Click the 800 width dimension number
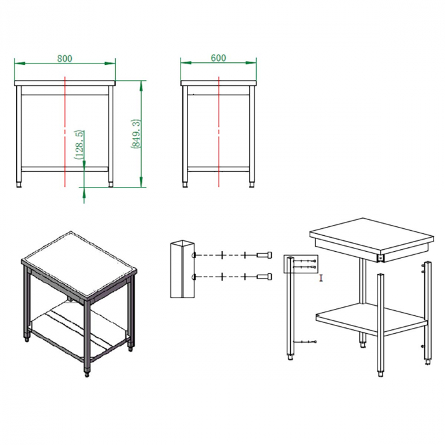(x=65, y=58)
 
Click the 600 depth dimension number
(x=218, y=58)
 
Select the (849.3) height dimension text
(x=136, y=133)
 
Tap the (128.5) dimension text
(x=79, y=144)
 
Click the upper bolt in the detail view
(x=264, y=254)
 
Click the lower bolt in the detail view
(x=264, y=277)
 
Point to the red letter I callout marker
(x=321, y=278)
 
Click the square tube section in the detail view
(x=182, y=269)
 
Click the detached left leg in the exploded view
(x=290, y=308)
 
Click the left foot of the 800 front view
(x=19, y=184)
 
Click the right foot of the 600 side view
(x=252, y=184)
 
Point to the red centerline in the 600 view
(x=219, y=132)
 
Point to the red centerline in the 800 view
(x=65, y=132)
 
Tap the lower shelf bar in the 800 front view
(x=65, y=169)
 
